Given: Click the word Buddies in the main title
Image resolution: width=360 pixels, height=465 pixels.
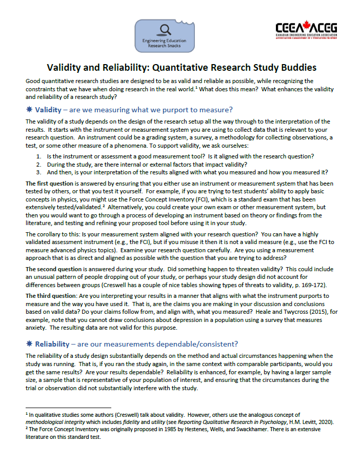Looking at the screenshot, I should (x=295, y=67).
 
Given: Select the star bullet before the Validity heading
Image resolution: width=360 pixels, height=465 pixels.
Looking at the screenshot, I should (x=29, y=110).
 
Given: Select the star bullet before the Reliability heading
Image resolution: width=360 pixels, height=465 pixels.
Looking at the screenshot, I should (x=29, y=343).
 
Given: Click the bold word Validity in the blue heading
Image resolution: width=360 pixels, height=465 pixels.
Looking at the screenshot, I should (x=49, y=110).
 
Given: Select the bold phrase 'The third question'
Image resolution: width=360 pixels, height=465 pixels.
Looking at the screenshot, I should (x=49, y=296).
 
